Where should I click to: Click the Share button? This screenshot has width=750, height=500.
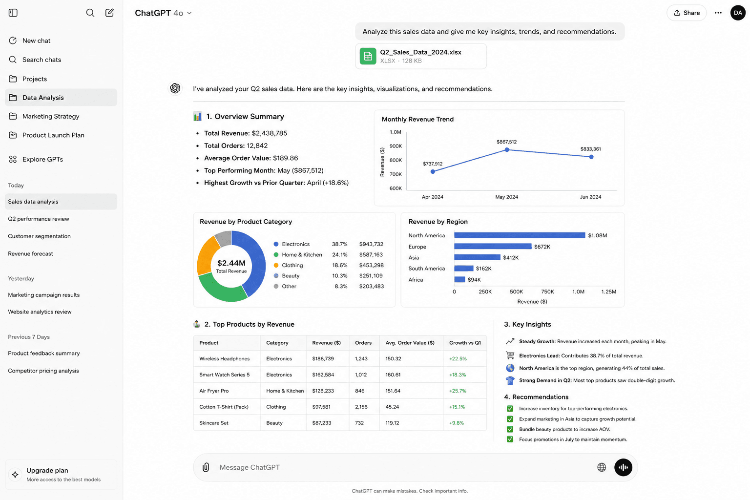687,13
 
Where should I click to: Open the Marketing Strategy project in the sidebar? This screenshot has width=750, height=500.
51,116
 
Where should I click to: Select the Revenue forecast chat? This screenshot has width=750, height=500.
30,253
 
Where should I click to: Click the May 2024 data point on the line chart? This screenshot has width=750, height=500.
507,150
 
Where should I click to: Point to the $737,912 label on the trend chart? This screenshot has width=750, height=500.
433,164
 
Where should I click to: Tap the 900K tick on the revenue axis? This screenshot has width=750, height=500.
396,146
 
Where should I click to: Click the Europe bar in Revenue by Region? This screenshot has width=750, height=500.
493,247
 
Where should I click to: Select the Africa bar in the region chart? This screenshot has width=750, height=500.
459,279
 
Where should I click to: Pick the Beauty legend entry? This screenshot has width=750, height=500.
287,275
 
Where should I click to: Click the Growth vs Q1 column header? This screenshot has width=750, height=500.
465,343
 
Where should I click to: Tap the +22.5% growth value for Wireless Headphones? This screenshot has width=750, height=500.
458,358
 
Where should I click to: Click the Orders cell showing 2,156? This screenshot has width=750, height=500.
361,407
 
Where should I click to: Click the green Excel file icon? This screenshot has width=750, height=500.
368,56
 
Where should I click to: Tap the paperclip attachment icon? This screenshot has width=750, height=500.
206,467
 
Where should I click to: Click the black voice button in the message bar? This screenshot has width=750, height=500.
623,467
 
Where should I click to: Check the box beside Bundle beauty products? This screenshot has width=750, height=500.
510,429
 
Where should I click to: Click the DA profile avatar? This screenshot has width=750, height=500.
738,13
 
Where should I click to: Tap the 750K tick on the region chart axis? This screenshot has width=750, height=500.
547,292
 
